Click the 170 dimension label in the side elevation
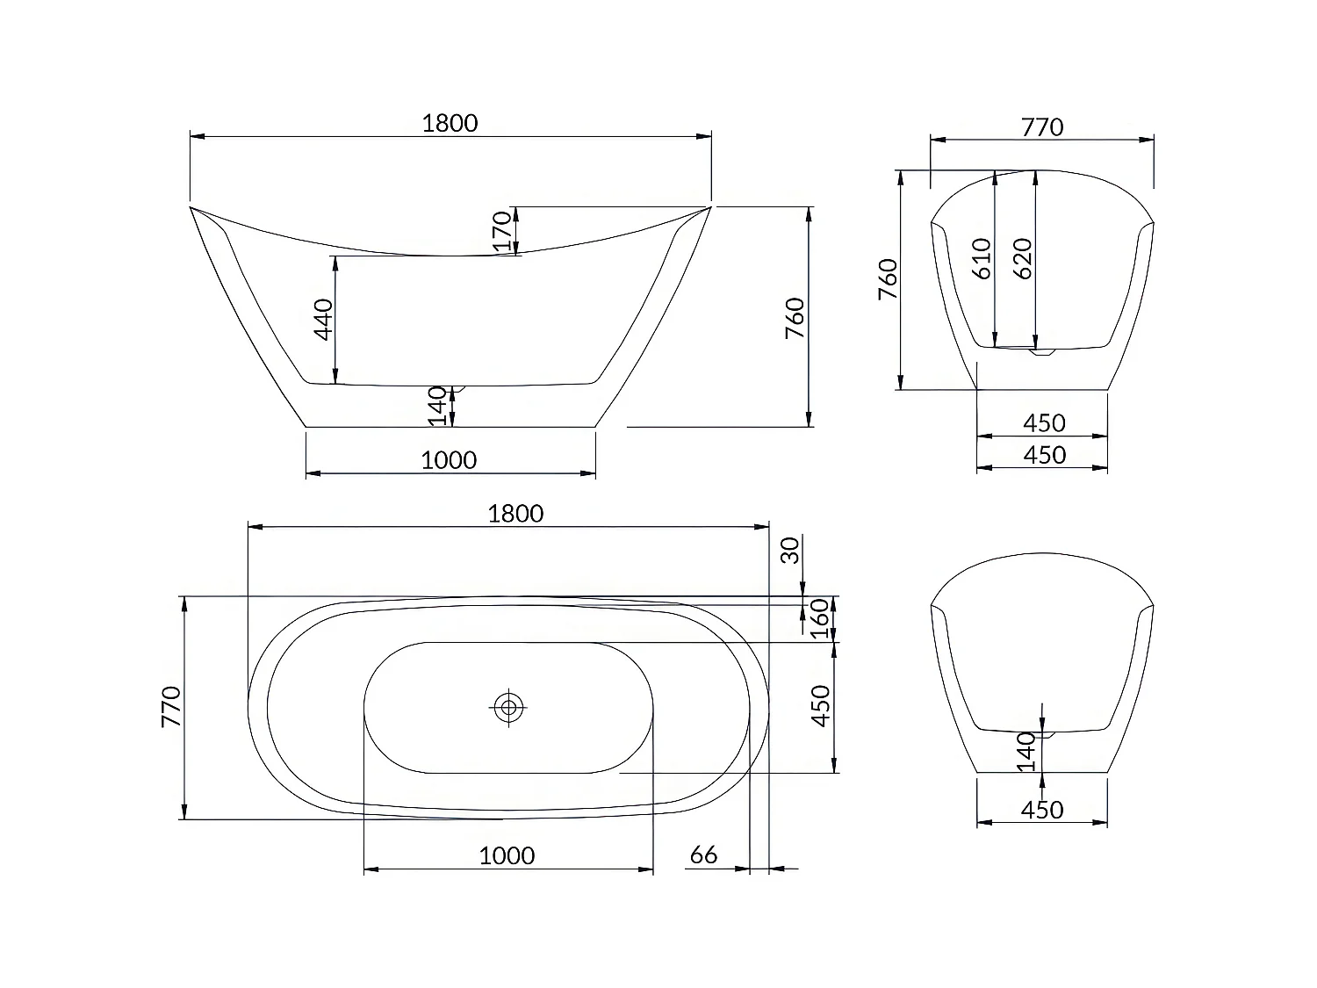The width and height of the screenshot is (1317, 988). pyautogui.click(x=502, y=230)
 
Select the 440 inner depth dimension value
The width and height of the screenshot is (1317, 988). pyautogui.click(x=324, y=320)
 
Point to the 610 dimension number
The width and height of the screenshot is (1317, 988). pyautogui.click(x=982, y=258)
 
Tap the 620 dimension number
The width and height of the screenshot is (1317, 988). pyautogui.click(x=1023, y=258)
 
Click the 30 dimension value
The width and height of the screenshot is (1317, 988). pyautogui.click(x=791, y=551)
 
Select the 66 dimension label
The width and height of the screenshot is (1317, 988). pyautogui.click(x=703, y=855)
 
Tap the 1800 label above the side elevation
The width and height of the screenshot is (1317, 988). pyautogui.click(x=450, y=123)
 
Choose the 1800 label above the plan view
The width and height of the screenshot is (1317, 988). pyautogui.click(x=515, y=514)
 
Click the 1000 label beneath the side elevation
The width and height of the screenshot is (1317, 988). pyautogui.click(x=449, y=460)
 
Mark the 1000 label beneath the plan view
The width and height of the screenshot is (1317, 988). pyautogui.click(x=507, y=855)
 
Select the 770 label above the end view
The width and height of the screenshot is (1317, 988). pyautogui.click(x=1042, y=127)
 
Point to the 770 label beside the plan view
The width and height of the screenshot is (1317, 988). pyautogui.click(x=171, y=706)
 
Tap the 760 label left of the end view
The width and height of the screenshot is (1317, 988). pyautogui.click(x=889, y=279)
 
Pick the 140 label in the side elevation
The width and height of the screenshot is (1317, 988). pyautogui.click(x=438, y=407)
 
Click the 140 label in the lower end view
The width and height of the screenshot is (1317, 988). pyautogui.click(x=1026, y=753)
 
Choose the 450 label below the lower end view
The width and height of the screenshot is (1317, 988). pyautogui.click(x=1042, y=810)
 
